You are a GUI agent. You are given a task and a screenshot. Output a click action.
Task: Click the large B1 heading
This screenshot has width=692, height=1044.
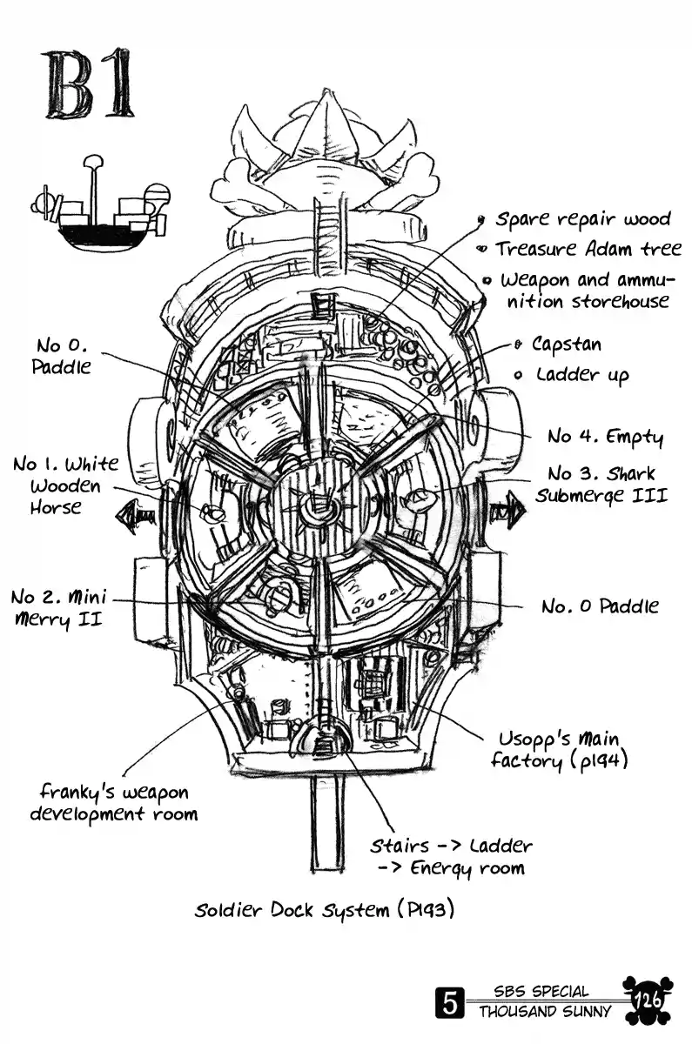coord(90,85)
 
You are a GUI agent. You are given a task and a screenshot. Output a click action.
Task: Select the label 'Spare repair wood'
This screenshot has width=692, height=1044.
coord(582,218)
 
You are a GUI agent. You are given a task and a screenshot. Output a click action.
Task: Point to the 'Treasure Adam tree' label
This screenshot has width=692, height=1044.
coord(588,249)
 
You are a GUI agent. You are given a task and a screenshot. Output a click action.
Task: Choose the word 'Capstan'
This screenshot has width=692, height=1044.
coord(566,345)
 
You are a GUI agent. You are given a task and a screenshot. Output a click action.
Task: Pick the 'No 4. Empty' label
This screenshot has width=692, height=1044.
coord(605,436)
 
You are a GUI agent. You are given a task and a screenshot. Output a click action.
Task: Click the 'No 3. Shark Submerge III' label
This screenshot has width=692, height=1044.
coord(601,485)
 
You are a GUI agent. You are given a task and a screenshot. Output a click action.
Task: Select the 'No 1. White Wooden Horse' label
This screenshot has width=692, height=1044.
coord(66,485)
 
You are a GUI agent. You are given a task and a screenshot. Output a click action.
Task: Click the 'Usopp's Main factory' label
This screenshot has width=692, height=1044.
coord(558,750)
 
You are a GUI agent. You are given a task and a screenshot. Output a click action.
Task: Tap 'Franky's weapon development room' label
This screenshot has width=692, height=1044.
coord(114,803)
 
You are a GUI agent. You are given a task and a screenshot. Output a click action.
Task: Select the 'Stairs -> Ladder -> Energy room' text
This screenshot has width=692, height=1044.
coord(450,856)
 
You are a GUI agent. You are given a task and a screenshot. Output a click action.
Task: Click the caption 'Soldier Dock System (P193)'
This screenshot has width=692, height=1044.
coord(326,911)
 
